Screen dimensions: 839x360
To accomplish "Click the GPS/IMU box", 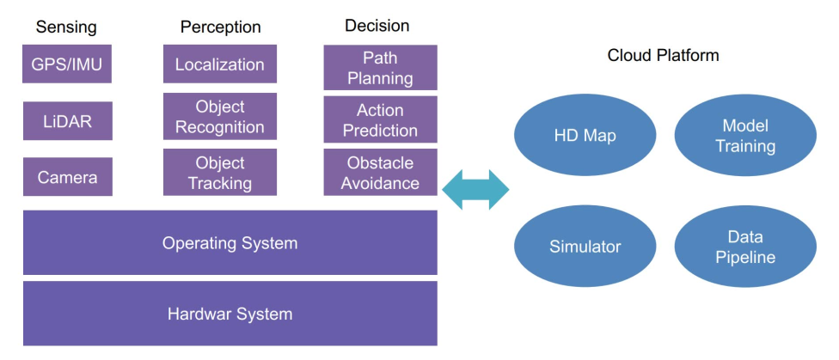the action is pos(67,64).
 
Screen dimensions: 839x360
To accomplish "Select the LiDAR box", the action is pos(67,121).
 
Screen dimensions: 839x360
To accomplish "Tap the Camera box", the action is pos(67,176).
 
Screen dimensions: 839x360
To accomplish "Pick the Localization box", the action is pos(220,64).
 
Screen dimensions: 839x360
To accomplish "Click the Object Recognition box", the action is pos(220,117).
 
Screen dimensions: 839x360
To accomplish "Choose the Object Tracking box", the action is pos(220,172).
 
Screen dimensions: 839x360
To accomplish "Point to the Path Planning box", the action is pos(381,67).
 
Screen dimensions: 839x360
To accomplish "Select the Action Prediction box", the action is pos(381,119).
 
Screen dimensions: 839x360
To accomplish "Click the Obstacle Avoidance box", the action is pos(381,172).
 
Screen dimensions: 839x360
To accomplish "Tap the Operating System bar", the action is pos(230,243).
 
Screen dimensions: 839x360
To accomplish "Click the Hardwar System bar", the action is pos(230,314).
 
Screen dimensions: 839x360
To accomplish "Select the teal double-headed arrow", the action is pos(475,190).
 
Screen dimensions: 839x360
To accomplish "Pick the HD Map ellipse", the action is pos(585,136).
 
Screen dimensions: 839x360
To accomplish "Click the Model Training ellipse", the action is pos(745,136).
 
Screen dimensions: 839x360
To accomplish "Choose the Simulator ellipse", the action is pos(585,247).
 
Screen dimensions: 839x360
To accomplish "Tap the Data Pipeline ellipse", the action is pos(745,247).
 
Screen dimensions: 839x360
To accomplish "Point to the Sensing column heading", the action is pos(66,27).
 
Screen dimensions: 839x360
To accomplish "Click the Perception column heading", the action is pos(220,27).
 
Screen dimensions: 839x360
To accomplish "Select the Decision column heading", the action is pos(377,26).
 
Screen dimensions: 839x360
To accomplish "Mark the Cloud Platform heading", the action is pos(663,55).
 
